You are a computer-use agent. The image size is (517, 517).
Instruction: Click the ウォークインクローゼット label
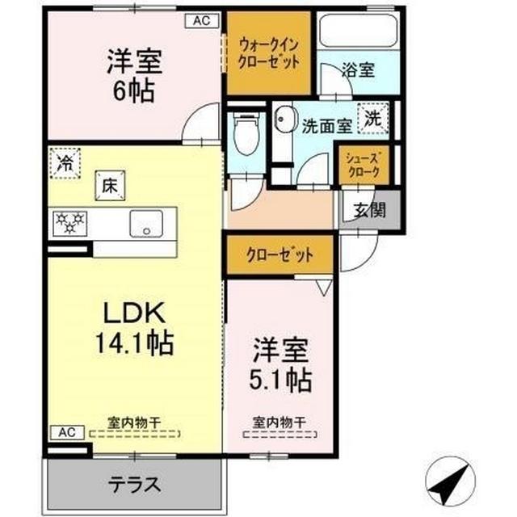269,52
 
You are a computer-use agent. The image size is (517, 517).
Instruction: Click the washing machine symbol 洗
372,118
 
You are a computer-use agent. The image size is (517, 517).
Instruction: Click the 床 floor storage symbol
108,184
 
